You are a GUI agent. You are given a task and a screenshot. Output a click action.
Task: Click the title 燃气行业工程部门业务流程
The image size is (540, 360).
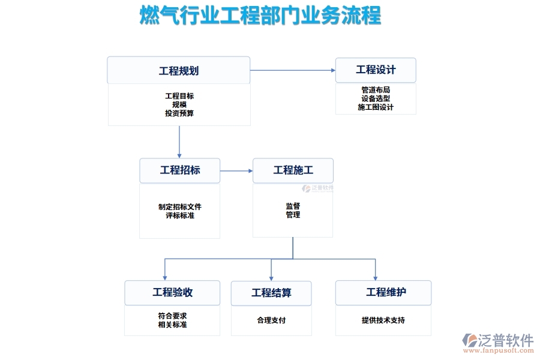(x=260, y=16)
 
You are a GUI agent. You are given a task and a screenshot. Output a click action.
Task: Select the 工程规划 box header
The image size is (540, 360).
(x=178, y=71)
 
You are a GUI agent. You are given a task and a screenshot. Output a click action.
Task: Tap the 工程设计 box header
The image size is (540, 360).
(x=376, y=70)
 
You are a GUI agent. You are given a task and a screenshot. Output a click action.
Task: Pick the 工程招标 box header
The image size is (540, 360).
(x=179, y=170)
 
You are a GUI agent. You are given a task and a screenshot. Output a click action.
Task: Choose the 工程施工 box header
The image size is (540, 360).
(x=293, y=170)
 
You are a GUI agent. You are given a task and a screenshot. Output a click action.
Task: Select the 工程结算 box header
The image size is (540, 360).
(x=271, y=293)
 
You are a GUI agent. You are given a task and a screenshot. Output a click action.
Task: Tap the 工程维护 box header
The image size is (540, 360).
(x=383, y=293)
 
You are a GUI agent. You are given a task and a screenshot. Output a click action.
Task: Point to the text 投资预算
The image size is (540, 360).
(x=179, y=113)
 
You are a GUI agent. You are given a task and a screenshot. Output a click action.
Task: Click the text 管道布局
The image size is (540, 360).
(x=376, y=90)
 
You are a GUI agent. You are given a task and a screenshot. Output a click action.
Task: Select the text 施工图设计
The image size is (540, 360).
(x=376, y=107)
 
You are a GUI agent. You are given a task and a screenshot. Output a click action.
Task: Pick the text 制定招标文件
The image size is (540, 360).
(x=179, y=207)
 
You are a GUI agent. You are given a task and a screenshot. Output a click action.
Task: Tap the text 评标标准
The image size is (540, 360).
(x=179, y=215)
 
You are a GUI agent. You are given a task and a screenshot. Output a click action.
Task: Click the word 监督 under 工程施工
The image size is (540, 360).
(x=293, y=206)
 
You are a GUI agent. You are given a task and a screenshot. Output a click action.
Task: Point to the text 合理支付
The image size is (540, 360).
(x=271, y=320)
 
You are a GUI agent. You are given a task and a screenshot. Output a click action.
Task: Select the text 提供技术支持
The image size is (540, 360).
(x=383, y=320)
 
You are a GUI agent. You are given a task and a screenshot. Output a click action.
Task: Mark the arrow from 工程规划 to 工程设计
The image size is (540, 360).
(x=292, y=70)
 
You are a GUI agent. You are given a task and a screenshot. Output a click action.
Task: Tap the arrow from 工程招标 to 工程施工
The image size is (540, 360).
(x=236, y=171)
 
